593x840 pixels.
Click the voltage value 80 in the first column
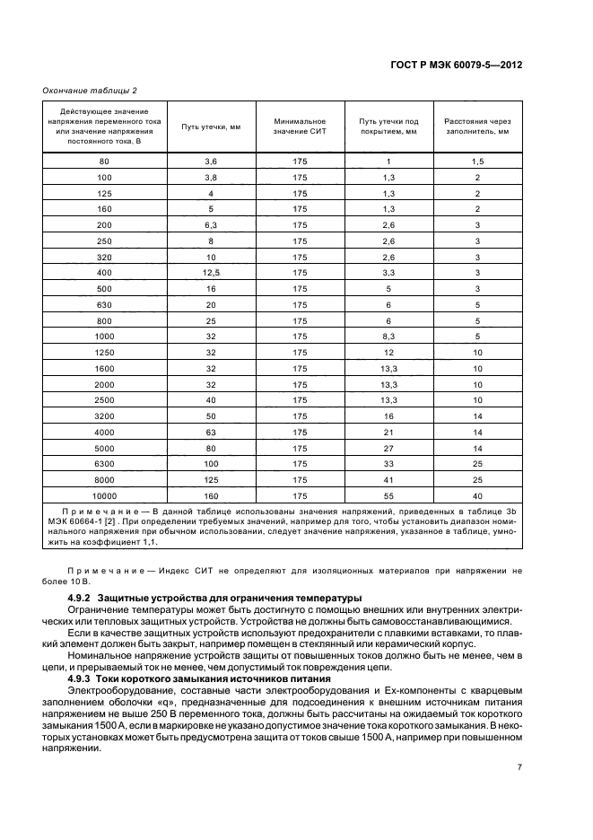[x=104, y=161]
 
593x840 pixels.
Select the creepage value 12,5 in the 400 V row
[x=211, y=272]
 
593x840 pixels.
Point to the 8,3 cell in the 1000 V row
[x=388, y=336]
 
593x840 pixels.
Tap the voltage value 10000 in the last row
[x=104, y=495]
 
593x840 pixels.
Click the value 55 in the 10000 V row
[x=388, y=495]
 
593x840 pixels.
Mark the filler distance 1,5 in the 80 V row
[x=477, y=161]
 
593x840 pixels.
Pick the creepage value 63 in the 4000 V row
[x=211, y=432]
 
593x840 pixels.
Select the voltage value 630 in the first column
[x=104, y=304]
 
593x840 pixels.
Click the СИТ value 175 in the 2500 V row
[x=300, y=399]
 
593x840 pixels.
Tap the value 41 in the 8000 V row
[x=388, y=479]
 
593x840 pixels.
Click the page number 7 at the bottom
[x=519, y=767]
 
